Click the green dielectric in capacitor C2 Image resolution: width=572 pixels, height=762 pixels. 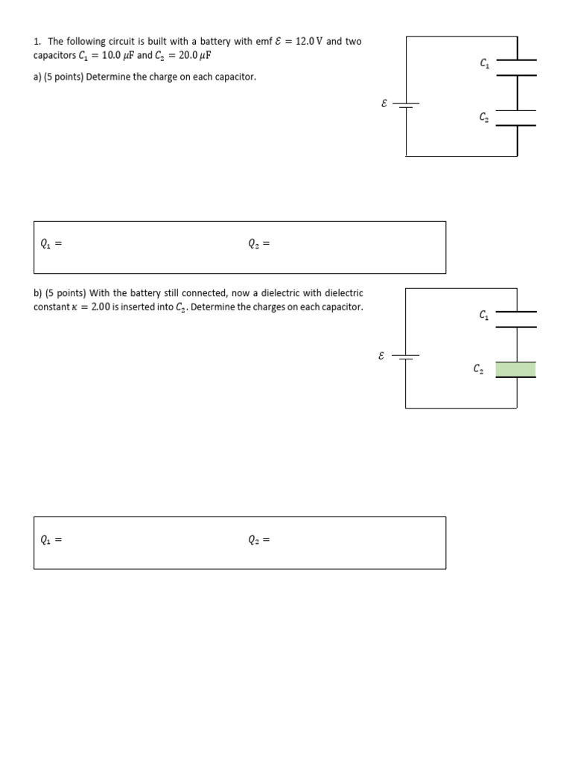[515, 369]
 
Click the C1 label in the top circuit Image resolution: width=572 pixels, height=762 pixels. [485, 64]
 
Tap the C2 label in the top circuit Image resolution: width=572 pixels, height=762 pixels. [484, 117]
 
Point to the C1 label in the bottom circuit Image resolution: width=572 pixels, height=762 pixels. [484, 316]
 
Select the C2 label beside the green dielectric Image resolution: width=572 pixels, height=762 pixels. [478, 368]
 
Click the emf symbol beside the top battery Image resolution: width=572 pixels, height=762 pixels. [384, 104]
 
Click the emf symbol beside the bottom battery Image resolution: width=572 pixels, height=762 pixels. [381, 356]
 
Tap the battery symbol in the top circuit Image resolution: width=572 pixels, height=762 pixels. [406, 105]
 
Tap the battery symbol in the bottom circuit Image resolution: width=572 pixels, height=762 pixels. [406, 356]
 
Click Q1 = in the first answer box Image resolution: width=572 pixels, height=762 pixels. [50, 243]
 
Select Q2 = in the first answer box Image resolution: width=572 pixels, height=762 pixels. [258, 243]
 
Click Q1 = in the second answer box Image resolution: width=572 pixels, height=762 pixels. [50, 540]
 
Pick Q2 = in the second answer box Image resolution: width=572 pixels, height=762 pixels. [258, 540]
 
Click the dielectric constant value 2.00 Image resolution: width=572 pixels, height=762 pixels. [100, 307]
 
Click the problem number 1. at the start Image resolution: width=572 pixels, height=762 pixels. [37, 42]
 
